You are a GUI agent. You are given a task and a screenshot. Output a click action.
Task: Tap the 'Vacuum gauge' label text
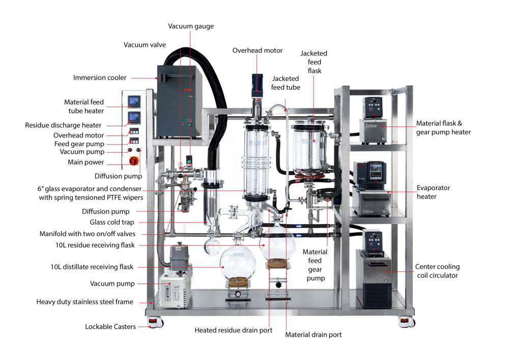point(191,26)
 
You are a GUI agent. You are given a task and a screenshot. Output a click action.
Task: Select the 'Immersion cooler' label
point(99,78)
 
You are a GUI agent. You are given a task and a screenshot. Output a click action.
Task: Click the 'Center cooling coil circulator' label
point(437,271)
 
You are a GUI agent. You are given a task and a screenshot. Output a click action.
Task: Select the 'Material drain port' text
point(313,335)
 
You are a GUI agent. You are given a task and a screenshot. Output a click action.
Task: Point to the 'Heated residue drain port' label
point(233,330)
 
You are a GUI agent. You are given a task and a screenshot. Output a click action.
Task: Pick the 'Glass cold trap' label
point(112,222)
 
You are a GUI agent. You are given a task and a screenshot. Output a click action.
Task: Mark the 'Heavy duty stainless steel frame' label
point(84,302)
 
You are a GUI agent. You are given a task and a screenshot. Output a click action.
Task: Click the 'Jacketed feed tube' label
point(286,83)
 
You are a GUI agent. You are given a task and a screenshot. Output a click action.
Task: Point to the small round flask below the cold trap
point(212,247)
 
